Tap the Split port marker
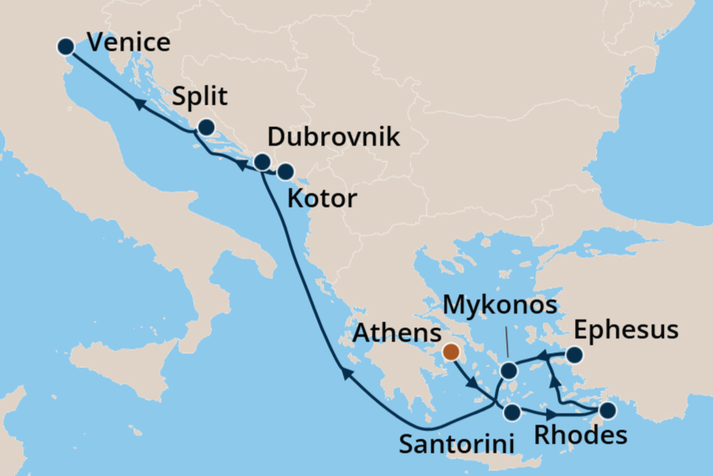[205, 127]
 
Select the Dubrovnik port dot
[261, 161]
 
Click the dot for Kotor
[285, 172]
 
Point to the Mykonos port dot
[507, 370]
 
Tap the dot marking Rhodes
[608, 410]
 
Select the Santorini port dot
[512, 412]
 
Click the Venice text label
[129, 44]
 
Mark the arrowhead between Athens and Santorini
[473, 384]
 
